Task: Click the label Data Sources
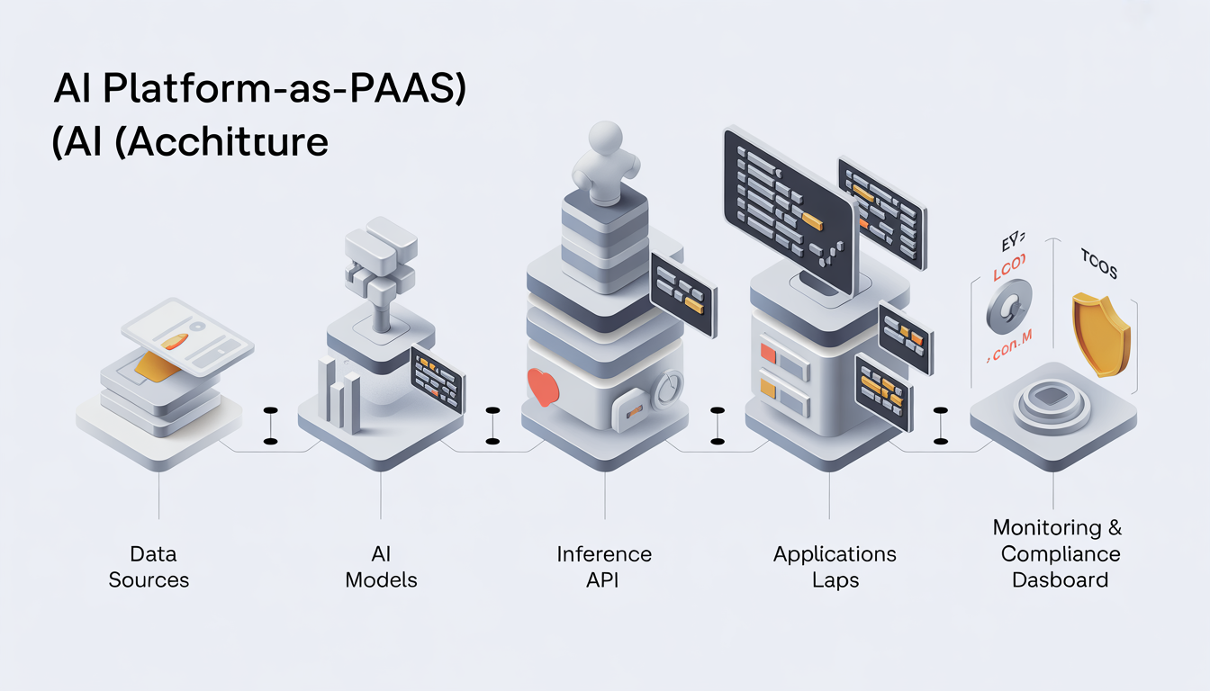pyautogui.click(x=149, y=567)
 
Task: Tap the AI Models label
pyautogui.click(x=382, y=567)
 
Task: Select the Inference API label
pyautogui.click(x=603, y=567)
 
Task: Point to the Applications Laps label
pyautogui.click(x=835, y=567)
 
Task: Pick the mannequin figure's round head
pyautogui.click(x=606, y=141)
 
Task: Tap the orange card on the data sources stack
pyautogui.click(x=157, y=366)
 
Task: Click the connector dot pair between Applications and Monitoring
pyautogui.click(x=941, y=425)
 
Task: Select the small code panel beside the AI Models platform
pyautogui.click(x=436, y=379)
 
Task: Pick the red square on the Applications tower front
pyautogui.click(x=768, y=353)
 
